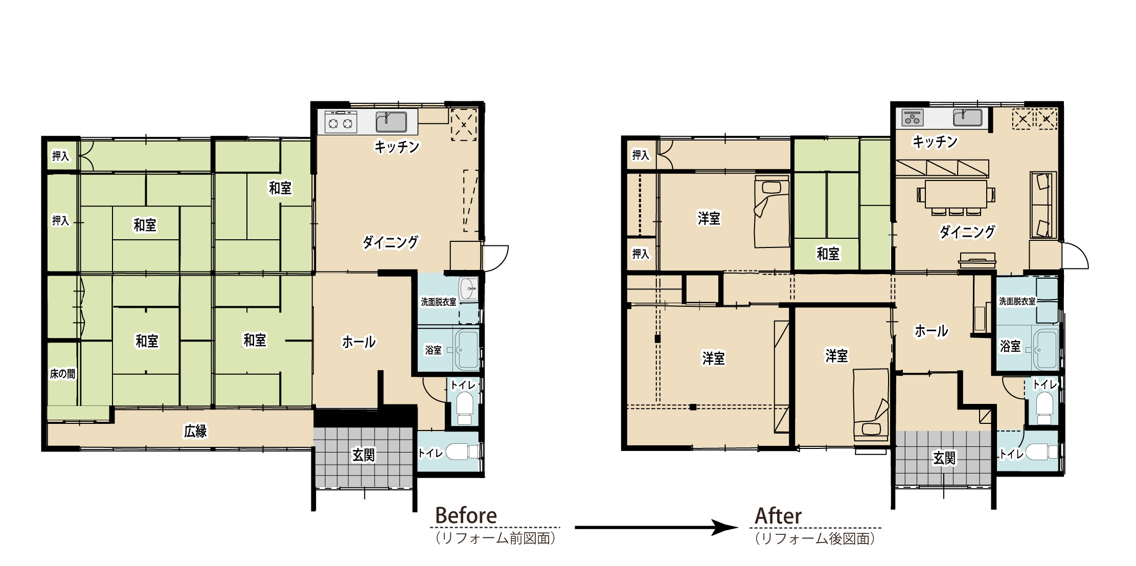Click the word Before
pos(466,515)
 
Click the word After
pos(778,515)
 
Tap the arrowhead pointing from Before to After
pos(726,527)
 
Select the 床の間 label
pos(62,374)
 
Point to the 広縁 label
pos(195,431)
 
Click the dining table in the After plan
pos(956,194)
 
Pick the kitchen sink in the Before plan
pos(392,122)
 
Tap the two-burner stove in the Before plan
pos(341,123)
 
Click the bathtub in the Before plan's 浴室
pos(466,350)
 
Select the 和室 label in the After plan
pos(828,254)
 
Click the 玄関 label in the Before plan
pos(363,455)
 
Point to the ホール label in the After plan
pos(931,331)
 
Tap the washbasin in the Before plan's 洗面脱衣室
pos(468,289)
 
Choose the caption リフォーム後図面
pos(815,538)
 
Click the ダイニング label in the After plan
pos(967,232)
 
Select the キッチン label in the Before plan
pos(397,147)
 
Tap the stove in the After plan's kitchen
pos(912,118)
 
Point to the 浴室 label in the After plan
pos(1010,346)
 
